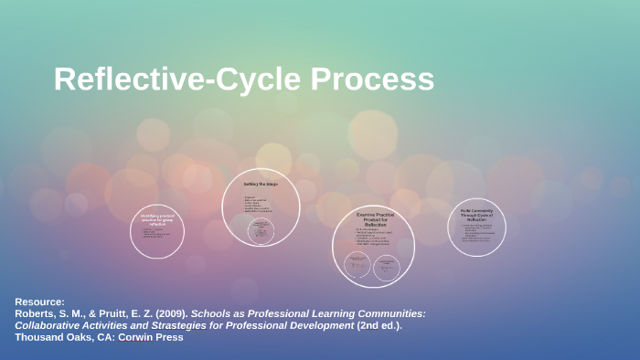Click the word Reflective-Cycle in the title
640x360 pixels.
177,79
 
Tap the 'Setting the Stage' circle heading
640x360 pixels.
261,185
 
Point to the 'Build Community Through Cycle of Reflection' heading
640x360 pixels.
476,214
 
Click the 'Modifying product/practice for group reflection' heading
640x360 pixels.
157,219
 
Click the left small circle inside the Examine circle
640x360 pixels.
357,265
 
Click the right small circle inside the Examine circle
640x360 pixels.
388,265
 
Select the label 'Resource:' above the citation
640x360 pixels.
40,302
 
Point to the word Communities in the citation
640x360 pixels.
389,313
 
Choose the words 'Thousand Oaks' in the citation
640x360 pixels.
49,337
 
